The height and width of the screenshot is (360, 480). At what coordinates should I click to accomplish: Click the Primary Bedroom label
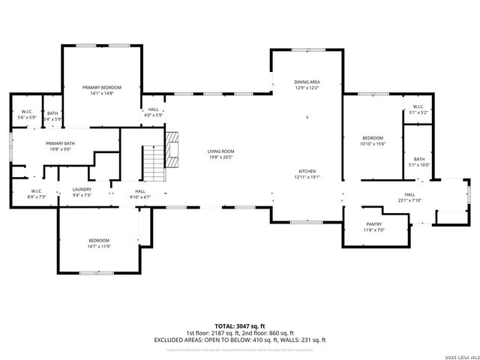tap(101, 88)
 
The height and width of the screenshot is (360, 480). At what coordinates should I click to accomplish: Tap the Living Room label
tap(220, 151)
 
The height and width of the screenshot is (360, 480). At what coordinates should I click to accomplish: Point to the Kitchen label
tap(307, 171)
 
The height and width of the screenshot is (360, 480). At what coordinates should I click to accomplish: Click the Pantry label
tap(374, 224)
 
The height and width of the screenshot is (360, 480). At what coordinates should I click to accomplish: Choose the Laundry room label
tap(82, 190)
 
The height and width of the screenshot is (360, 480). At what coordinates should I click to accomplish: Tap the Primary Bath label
tap(59, 143)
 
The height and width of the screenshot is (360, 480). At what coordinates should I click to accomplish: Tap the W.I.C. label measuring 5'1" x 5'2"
tap(418, 106)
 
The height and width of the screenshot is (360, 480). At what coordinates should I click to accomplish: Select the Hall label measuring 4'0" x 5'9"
tap(153, 109)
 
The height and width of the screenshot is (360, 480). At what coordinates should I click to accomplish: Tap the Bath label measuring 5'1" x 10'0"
tap(418, 159)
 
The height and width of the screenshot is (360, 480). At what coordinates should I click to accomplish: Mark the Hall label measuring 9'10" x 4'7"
tap(140, 191)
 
